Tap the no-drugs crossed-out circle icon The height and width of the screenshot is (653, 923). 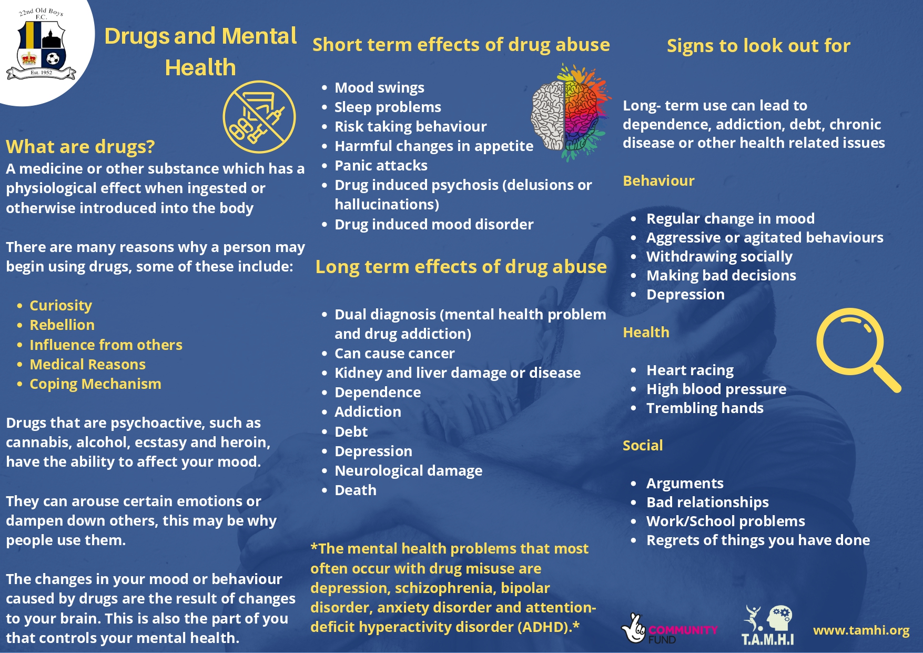[259, 117]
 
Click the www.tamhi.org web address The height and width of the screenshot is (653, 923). [861, 630]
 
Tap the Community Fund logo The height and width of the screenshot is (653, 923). [669, 628]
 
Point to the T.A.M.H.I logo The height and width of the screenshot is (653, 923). [767, 625]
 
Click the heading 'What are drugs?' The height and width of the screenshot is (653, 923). [80, 146]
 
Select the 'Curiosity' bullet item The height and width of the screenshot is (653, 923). [60, 306]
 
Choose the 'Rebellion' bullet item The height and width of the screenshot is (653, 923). [62, 325]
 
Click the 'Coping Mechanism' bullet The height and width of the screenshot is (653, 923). [95, 384]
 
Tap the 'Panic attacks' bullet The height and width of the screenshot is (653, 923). [381, 165]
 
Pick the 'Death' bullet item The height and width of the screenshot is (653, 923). [356, 490]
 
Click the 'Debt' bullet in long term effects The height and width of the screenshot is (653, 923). [351, 431]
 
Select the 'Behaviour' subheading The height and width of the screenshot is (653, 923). [658, 180]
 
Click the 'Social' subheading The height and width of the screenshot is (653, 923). [643, 445]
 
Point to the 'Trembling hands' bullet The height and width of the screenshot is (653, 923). [705, 408]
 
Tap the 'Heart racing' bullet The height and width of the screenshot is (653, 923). [689, 370]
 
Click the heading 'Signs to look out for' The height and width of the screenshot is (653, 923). [758, 46]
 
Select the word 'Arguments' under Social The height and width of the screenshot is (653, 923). [685, 484]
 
